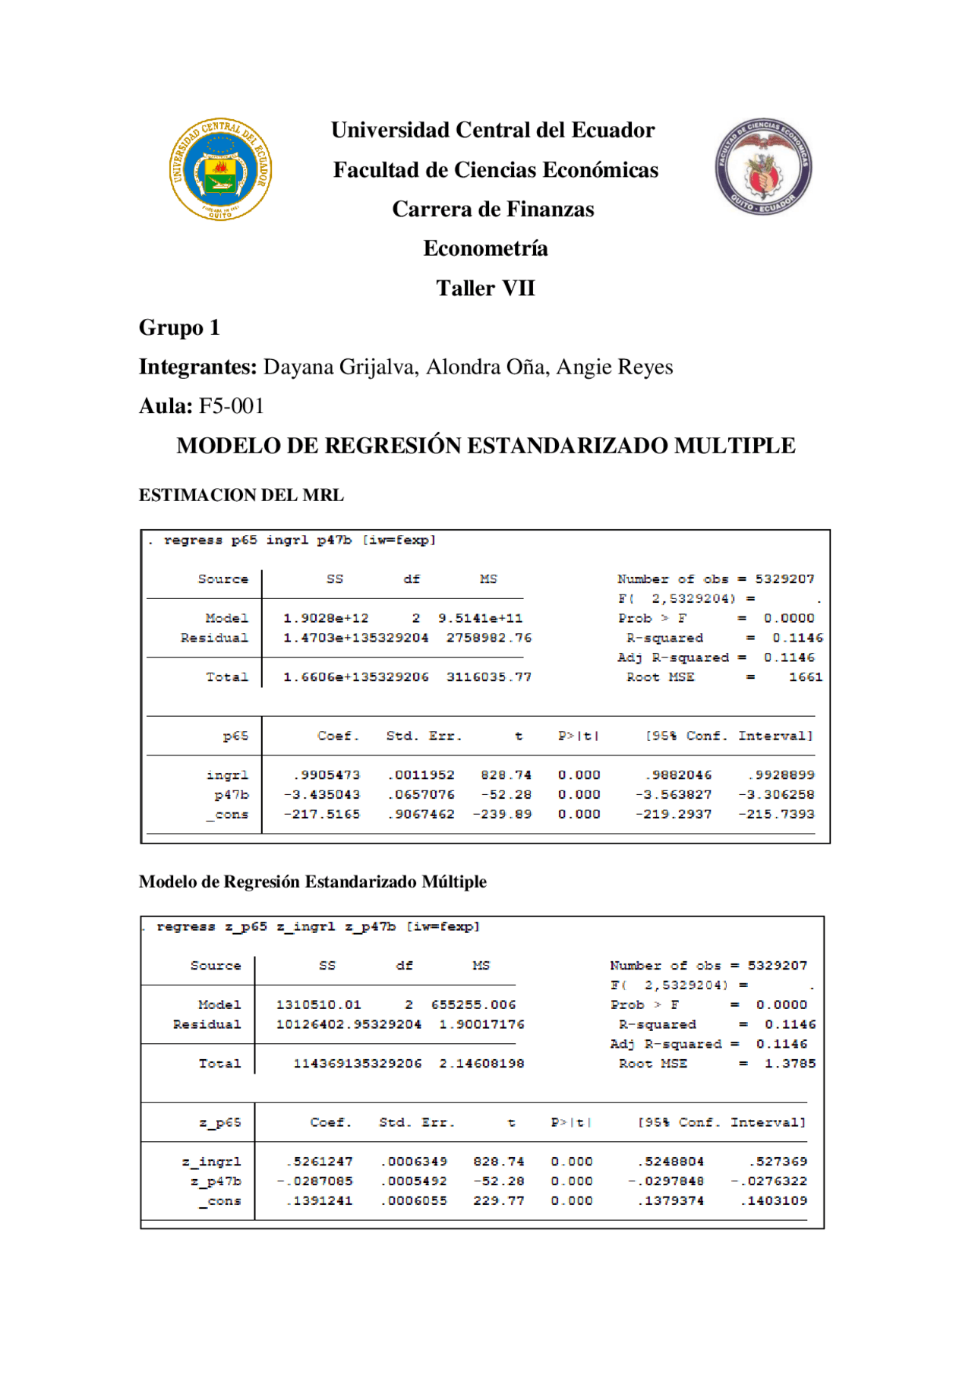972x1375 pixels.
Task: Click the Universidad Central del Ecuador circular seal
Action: pyautogui.click(x=220, y=169)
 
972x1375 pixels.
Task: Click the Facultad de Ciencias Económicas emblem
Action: pyautogui.click(x=763, y=166)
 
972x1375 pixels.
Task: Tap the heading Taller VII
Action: pyautogui.click(x=485, y=289)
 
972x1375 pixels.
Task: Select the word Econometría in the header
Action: pyautogui.click(x=485, y=248)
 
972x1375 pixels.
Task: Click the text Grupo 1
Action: pyautogui.click(x=179, y=328)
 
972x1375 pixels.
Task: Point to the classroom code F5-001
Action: pyautogui.click(x=231, y=406)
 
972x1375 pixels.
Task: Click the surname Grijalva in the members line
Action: pyautogui.click(x=378, y=367)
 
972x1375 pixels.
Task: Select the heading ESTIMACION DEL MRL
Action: pyautogui.click(x=241, y=495)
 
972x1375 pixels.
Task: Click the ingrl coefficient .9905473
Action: pyautogui.click(x=327, y=775)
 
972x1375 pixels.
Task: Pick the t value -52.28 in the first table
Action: pyautogui.click(x=506, y=795)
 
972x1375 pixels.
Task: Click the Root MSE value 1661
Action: pyautogui.click(x=805, y=677)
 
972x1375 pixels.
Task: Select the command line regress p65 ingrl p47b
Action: pyautogui.click(x=292, y=541)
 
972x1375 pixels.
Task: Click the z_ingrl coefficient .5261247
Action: pyautogui.click(x=319, y=1162)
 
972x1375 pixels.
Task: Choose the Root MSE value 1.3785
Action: pyautogui.click(x=790, y=1064)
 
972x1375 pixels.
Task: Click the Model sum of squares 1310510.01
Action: pyautogui.click(x=318, y=1005)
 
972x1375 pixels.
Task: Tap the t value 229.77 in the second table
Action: pyautogui.click(x=498, y=1201)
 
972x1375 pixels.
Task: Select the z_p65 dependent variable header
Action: pyautogui.click(x=219, y=1123)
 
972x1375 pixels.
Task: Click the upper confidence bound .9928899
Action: pyautogui.click(x=781, y=775)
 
